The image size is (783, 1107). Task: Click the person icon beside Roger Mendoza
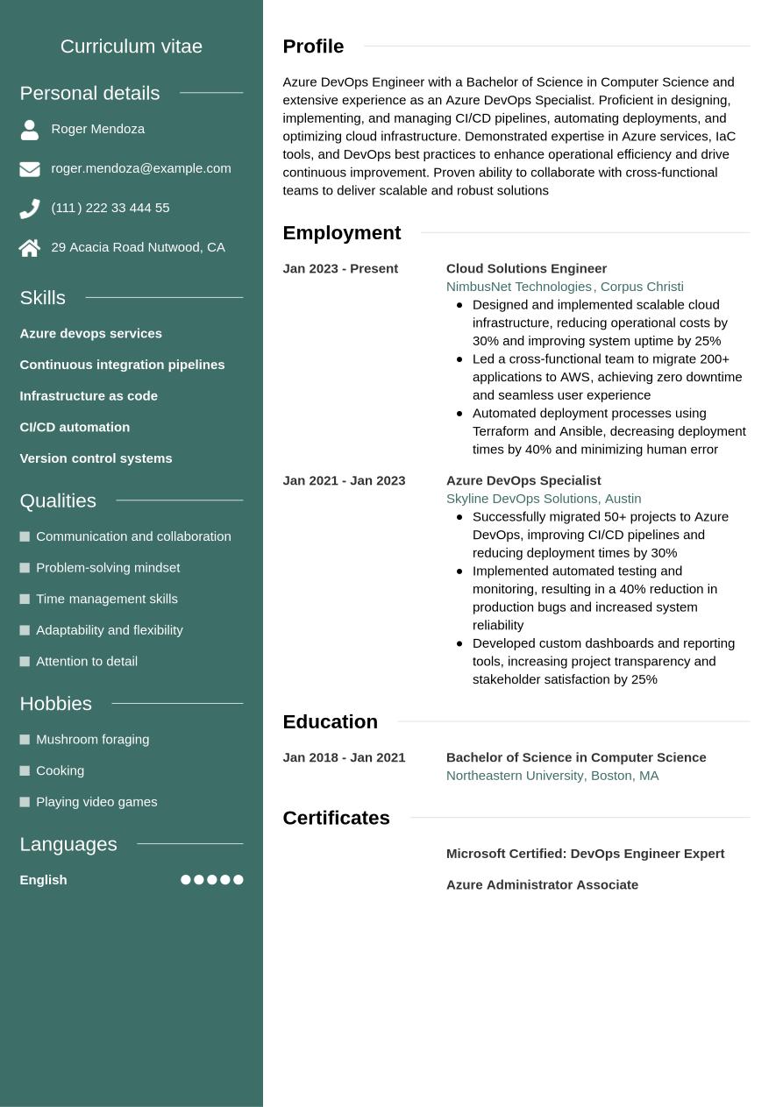(x=30, y=130)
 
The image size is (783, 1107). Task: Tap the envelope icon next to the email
(x=30, y=169)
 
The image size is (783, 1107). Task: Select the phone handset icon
(x=30, y=209)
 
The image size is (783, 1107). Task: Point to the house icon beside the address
(x=30, y=248)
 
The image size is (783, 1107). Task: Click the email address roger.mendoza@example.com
(x=141, y=168)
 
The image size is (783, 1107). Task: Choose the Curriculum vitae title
(x=132, y=46)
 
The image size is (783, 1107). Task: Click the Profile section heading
(x=313, y=46)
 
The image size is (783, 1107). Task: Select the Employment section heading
(x=341, y=233)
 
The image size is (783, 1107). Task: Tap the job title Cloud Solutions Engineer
(x=526, y=268)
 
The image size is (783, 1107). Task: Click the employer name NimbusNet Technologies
(x=518, y=287)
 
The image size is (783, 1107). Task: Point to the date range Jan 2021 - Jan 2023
(x=344, y=480)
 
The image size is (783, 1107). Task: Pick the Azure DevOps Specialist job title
(x=523, y=480)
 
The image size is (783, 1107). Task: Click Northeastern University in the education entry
(x=515, y=776)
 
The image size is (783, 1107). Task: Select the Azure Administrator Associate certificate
(x=542, y=885)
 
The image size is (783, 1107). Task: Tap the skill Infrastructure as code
(x=89, y=396)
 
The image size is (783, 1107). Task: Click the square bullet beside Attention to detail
(x=25, y=662)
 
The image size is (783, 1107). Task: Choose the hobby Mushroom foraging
(x=92, y=740)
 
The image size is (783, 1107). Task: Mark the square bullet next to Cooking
(x=25, y=771)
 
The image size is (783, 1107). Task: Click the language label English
(x=43, y=880)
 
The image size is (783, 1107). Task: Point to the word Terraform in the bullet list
(x=501, y=431)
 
